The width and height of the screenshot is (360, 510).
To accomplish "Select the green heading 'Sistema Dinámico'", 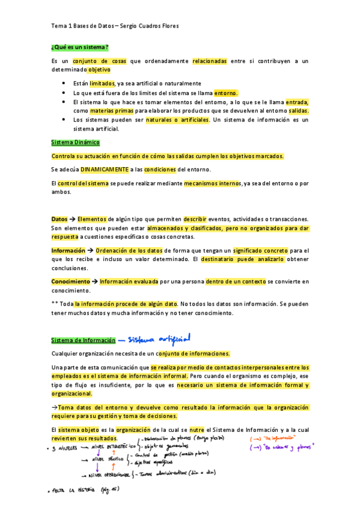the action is point(76,143).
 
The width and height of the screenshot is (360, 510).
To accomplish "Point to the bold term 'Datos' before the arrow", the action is point(59,220).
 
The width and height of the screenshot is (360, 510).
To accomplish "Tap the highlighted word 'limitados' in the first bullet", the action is point(102,84).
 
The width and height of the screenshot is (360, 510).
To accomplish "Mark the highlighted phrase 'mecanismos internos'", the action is point(212,183).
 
